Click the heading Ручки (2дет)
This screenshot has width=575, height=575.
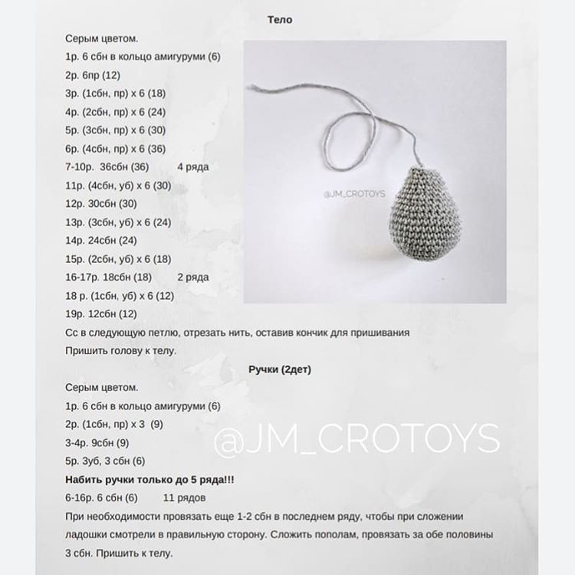[280, 369]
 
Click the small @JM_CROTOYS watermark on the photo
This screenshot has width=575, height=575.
[354, 195]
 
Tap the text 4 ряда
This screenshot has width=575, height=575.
[193, 166]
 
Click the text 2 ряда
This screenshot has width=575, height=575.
[193, 277]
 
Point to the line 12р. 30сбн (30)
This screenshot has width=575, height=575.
[102, 203]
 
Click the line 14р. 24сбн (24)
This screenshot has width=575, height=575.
[102, 240]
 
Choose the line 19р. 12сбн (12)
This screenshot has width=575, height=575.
[102, 314]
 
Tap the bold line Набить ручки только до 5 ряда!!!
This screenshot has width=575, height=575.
[150, 479]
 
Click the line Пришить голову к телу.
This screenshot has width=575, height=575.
[121, 350]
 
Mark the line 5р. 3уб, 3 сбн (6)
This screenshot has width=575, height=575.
[106, 461]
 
